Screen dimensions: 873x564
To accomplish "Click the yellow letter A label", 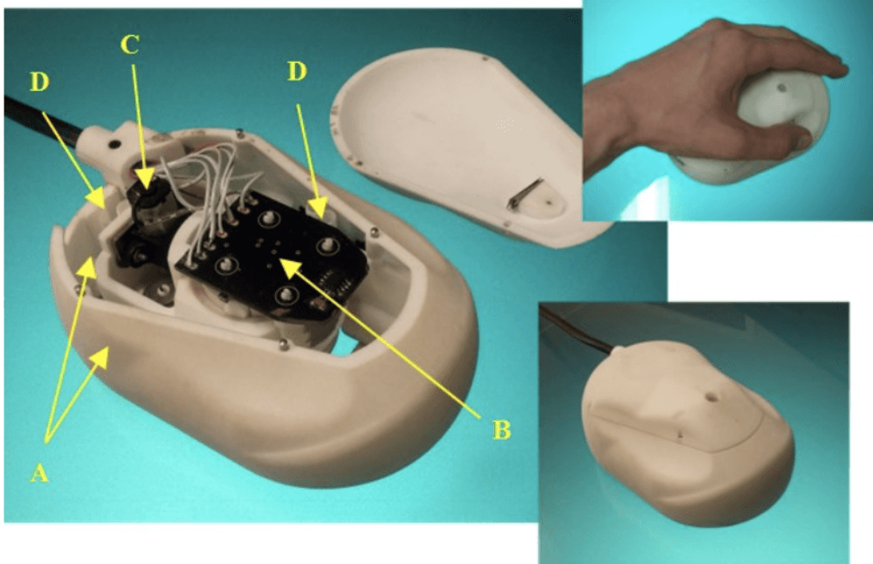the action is (38, 474).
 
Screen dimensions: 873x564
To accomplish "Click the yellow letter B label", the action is (501, 430).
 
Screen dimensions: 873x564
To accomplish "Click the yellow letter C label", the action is (129, 45).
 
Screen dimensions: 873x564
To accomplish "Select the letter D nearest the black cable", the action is (39, 82).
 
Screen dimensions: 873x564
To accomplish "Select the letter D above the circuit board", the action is (297, 72).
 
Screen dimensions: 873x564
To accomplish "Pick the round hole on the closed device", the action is (711, 398).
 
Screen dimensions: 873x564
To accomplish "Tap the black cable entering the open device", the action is (45, 120).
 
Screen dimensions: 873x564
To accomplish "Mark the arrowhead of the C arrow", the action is (147, 181).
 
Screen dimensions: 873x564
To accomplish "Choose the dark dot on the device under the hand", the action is (780, 88).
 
